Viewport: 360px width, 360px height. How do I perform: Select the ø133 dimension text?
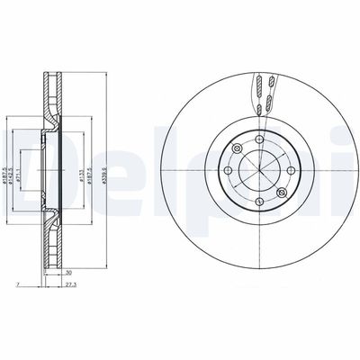(x=80, y=168)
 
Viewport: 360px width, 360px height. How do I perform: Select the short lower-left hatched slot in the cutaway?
(x=255, y=110)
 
